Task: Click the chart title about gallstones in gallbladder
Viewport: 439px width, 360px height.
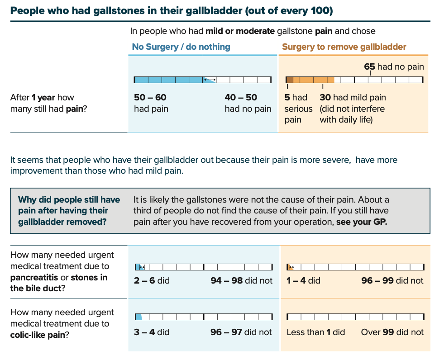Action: [x=171, y=10]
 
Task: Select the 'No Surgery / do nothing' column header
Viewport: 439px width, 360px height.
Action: [x=181, y=47]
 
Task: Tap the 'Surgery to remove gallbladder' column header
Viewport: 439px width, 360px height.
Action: [x=344, y=47]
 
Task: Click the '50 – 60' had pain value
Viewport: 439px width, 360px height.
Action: [x=150, y=97]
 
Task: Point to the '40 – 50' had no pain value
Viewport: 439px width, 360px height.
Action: [x=241, y=97]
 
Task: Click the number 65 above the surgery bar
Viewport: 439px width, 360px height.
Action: [x=369, y=67]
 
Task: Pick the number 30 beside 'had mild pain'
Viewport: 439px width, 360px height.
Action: [x=325, y=97]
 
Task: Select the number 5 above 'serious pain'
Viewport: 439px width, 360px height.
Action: [x=287, y=97]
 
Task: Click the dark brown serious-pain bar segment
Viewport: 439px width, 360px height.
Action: [x=290, y=80]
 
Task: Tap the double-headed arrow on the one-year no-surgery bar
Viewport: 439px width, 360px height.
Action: [x=209, y=80]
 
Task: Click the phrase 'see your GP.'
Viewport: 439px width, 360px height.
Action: [x=362, y=222]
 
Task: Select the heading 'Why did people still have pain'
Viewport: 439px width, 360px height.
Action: [x=69, y=200]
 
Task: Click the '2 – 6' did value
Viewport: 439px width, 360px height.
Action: [x=144, y=281]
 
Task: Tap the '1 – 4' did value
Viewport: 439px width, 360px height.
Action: [x=295, y=281]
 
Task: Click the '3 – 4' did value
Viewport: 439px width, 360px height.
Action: [x=144, y=332]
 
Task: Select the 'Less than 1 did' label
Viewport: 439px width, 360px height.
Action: [x=315, y=332]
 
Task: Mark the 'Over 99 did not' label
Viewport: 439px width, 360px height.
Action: [x=392, y=332]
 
